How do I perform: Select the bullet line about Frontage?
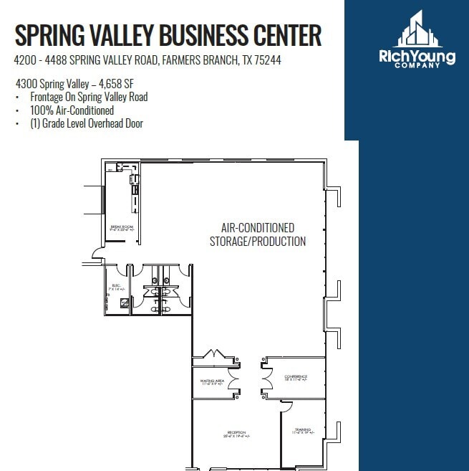tap(89, 97)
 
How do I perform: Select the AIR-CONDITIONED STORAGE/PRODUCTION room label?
tap(258, 234)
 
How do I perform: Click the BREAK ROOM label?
tap(122, 227)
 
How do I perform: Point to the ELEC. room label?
tap(115, 286)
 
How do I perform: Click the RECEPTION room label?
tap(237, 433)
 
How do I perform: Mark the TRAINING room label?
tap(302, 430)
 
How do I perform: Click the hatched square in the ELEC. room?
tap(124, 303)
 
